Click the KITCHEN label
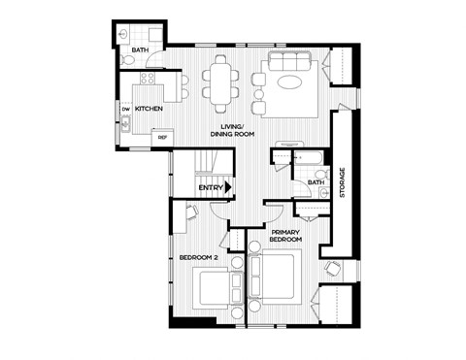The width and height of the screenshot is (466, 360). pos(149,109)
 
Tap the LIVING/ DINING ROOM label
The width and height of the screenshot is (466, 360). pos(238,130)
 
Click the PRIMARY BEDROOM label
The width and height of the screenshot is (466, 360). pos(286,236)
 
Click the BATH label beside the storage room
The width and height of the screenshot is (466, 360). pos(316,181)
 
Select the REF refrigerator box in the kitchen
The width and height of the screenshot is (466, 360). pos(162,137)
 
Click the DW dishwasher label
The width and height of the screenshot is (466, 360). pos(126,109)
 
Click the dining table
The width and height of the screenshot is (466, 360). pos(221,82)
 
